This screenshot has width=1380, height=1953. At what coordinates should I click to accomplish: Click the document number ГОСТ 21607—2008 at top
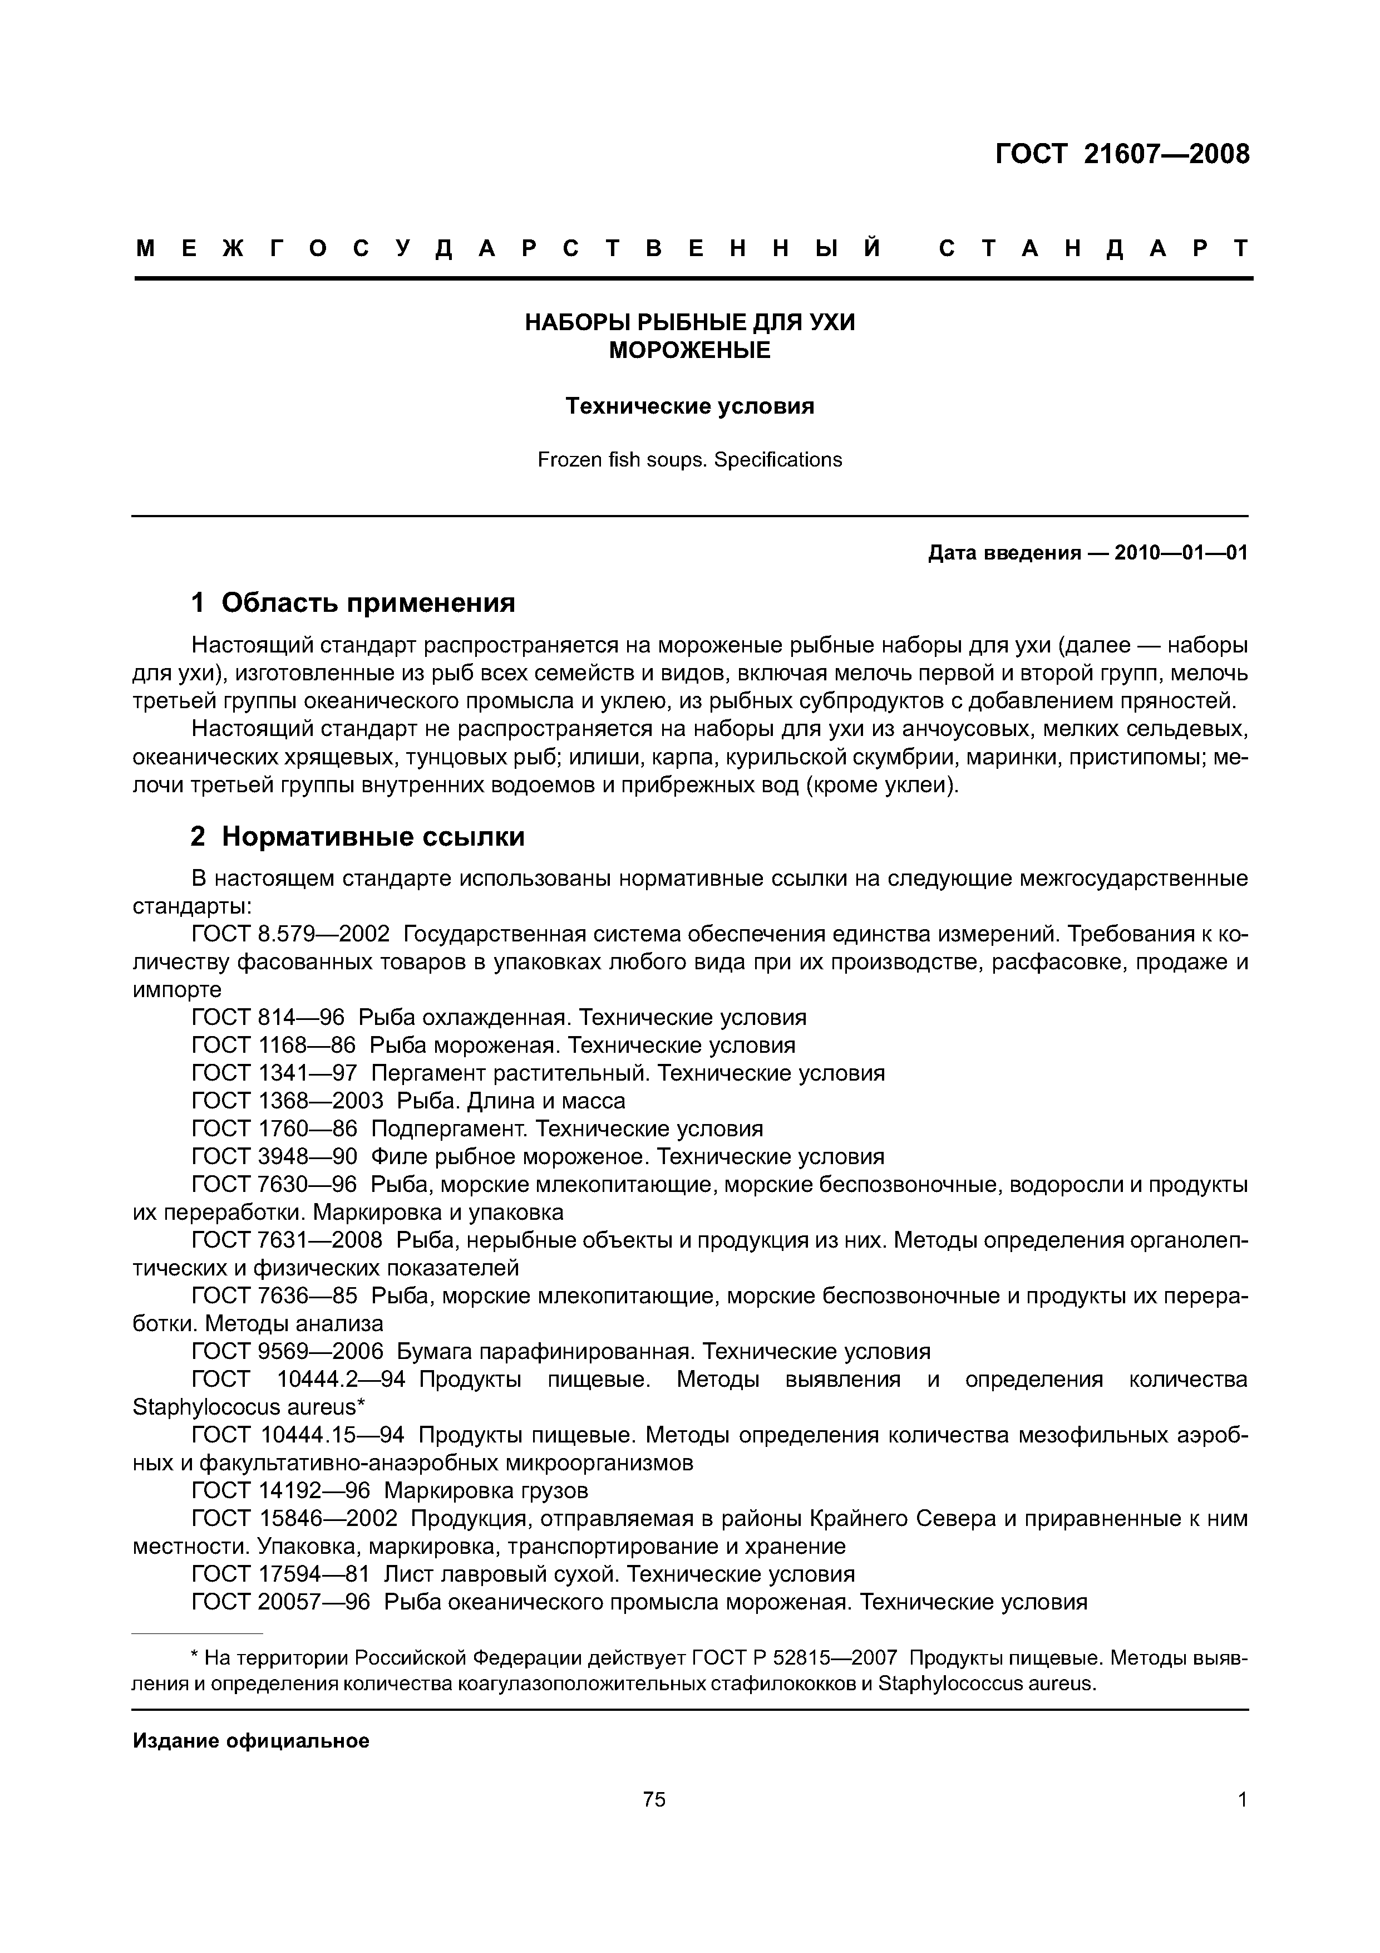[x=1122, y=155]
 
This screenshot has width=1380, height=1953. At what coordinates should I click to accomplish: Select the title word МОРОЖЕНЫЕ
[x=689, y=350]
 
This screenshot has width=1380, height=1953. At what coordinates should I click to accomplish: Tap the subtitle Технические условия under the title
[x=689, y=406]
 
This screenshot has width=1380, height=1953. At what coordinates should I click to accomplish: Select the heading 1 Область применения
[x=353, y=603]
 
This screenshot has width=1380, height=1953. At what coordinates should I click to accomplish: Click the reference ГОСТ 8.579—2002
[x=291, y=934]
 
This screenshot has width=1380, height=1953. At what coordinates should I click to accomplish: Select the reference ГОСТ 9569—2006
[x=287, y=1352]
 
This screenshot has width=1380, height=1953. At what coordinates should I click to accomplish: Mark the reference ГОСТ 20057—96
[x=280, y=1603]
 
